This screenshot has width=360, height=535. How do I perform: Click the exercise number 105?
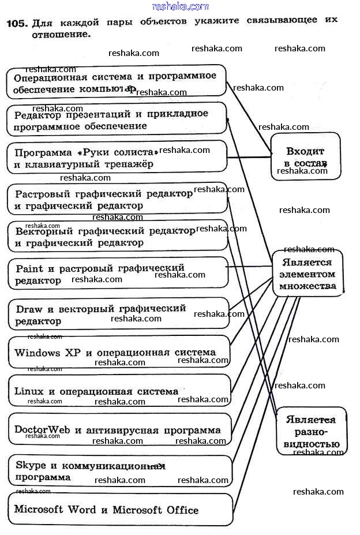tap(16, 24)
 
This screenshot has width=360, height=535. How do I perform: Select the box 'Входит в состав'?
tap(305, 156)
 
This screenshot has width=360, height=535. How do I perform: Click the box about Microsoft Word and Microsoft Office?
tap(120, 510)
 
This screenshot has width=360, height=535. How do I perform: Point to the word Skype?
tap(27, 465)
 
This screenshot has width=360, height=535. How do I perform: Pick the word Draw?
tap(29, 309)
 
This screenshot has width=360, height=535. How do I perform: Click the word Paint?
tap(29, 268)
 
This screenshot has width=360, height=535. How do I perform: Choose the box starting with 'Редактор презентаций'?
tap(116, 119)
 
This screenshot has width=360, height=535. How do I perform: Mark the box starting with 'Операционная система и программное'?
tap(116, 82)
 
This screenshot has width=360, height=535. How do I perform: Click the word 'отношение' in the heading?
tap(61, 34)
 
